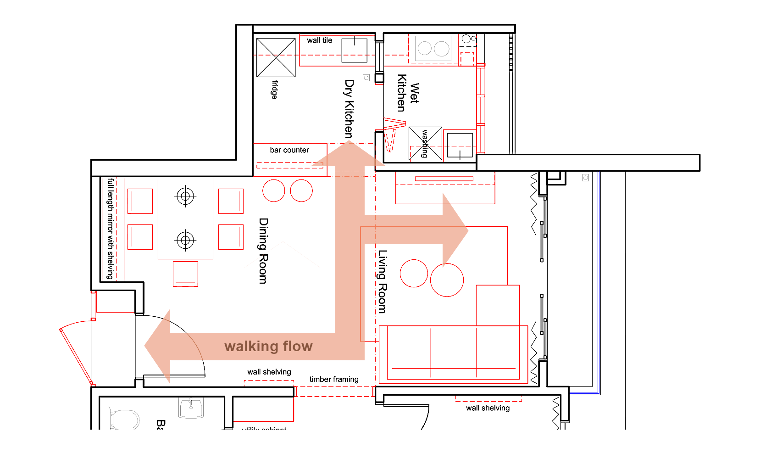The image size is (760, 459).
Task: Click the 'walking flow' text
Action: (268, 346)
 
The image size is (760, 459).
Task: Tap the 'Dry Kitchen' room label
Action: (349, 109)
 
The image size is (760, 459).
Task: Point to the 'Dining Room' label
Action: (263, 251)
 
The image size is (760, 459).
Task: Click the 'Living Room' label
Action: (382, 281)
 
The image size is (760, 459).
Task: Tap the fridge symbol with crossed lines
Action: (276, 58)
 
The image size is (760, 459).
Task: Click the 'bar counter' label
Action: (289, 150)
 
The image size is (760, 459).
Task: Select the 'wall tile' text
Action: (319, 40)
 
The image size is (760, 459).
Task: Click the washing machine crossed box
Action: (425, 143)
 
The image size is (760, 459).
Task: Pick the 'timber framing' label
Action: (333, 379)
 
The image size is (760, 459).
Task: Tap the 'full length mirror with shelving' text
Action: (110, 229)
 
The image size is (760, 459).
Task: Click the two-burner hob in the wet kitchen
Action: (433, 49)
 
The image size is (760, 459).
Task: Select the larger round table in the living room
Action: (447, 280)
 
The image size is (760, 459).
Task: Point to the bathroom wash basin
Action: (191, 408)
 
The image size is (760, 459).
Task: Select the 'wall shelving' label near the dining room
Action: (269, 372)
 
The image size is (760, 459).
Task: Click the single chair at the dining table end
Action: (185, 274)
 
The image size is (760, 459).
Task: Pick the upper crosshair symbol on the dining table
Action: (185, 196)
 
